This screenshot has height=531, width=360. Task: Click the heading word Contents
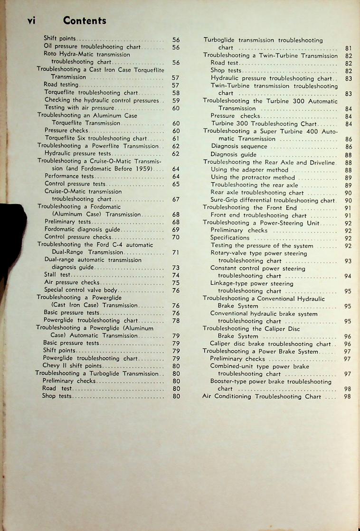click(x=84, y=20)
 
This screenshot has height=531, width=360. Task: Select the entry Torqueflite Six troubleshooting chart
click(x=95, y=138)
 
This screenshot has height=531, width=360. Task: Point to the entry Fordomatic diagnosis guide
click(x=82, y=229)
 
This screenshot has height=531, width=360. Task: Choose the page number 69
click(x=176, y=229)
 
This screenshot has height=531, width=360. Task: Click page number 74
click(x=176, y=275)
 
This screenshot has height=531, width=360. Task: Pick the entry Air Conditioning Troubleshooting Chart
click(x=262, y=396)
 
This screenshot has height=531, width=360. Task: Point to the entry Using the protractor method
click(x=253, y=177)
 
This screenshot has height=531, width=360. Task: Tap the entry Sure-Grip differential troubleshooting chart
click(x=273, y=200)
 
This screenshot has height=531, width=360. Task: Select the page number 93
click(x=347, y=261)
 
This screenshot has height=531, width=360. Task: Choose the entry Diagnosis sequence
click(x=239, y=147)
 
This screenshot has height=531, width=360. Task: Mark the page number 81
click(x=347, y=48)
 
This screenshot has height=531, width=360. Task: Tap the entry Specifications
click(x=230, y=238)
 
